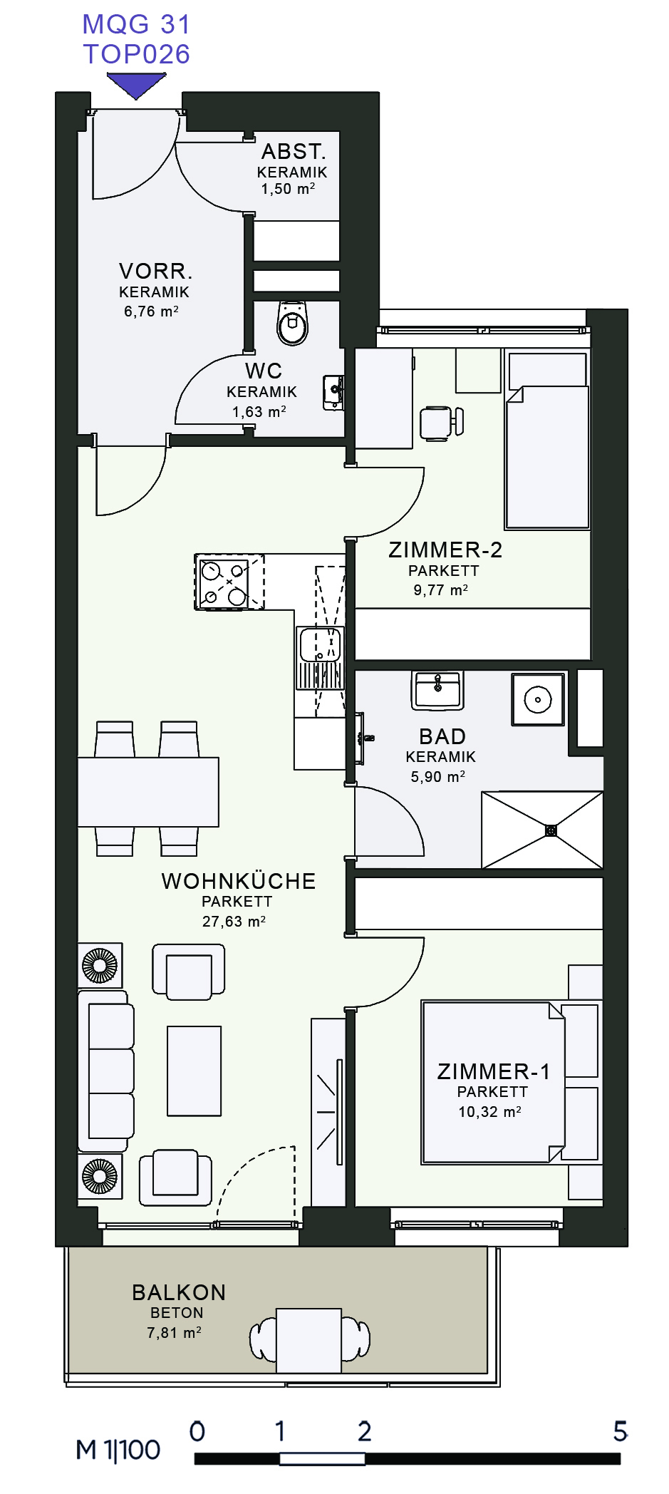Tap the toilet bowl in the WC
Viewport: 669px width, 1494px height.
(293, 323)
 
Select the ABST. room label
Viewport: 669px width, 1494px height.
(294, 152)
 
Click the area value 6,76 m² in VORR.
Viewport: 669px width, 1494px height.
(151, 311)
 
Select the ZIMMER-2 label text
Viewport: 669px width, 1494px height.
(445, 550)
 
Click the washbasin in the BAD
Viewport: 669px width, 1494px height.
(437, 690)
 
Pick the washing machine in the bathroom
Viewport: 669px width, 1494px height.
(538, 699)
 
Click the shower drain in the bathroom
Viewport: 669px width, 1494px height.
(550, 830)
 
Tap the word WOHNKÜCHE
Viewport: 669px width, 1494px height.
(239, 881)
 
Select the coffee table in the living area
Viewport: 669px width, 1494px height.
(195, 1071)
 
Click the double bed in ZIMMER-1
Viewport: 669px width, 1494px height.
(494, 1082)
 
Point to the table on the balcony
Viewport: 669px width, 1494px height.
(308, 1340)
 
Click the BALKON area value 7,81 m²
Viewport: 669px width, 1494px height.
(174, 1332)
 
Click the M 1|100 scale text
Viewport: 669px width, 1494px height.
(118, 1450)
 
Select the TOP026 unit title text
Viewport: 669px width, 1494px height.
(137, 54)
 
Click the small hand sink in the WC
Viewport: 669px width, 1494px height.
(333, 393)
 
